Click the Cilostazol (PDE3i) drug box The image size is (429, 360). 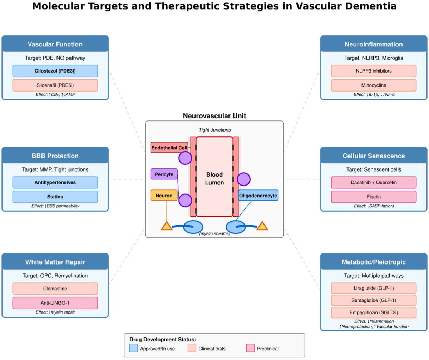tap(55, 71)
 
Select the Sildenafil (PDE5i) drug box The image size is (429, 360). tap(55, 85)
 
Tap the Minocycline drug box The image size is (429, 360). tap(374, 85)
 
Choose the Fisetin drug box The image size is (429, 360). tap(374, 197)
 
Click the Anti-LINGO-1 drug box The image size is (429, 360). tap(55, 303)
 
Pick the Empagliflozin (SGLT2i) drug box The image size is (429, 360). tap(374, 312)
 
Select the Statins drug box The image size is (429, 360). tap(55, 197)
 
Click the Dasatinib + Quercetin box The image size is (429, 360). tap(374, 182)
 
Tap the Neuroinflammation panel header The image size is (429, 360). tap(374, 44)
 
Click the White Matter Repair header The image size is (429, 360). tap(55, 262)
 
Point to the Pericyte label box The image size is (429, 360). tap(164, 174)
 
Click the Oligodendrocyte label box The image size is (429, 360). tap(258, 196)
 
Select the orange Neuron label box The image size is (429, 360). tap(164, 196)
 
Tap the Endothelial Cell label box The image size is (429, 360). tap(169, 148)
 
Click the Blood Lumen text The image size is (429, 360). tap(214, 178)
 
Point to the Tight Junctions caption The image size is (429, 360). tap(214, 130)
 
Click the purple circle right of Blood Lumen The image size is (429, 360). tap(243, 179)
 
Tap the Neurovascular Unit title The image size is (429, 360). tap(214, 116)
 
